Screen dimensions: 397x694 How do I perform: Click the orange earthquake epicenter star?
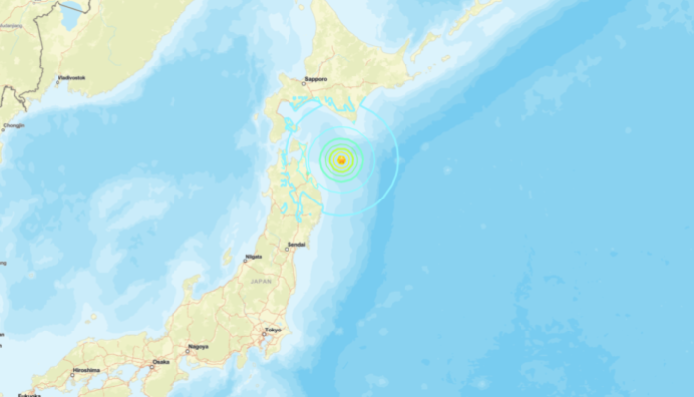(340, 159)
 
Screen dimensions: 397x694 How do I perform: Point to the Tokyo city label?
(273, 331)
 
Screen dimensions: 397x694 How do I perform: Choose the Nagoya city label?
(197, 348)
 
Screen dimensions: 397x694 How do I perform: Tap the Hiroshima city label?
(85, 370)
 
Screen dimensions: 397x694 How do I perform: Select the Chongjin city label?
(12, 125)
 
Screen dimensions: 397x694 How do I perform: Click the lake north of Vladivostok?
(71, 14)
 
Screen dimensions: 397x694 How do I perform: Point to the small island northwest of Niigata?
(227, 259)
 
